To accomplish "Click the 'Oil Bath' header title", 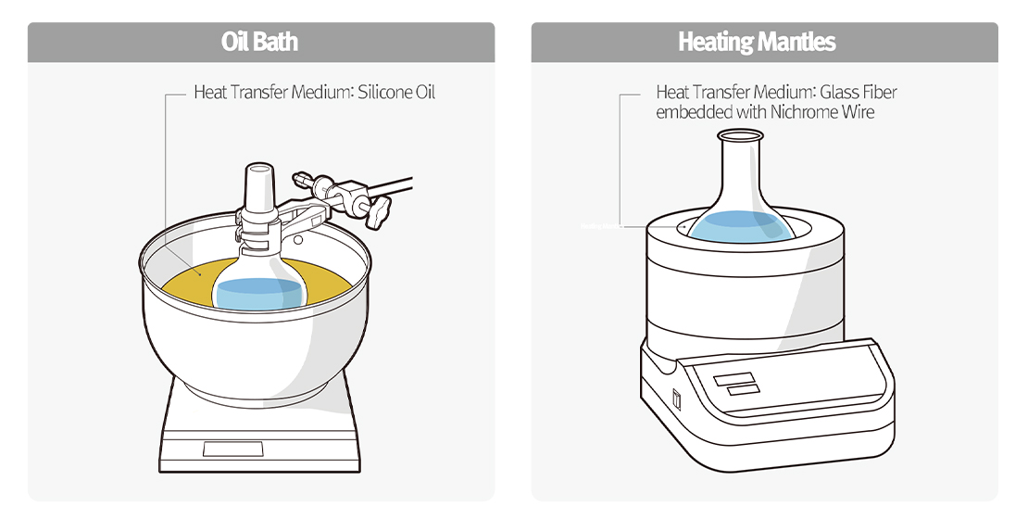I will [259, 43].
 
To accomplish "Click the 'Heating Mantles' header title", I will [757, 43].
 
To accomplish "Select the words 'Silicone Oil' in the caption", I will [395, 93].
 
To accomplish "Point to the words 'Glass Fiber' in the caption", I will [858, 93].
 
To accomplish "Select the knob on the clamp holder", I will [380, 214].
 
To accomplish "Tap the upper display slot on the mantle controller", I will [733, 378].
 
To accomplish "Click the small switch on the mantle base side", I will [676, 399].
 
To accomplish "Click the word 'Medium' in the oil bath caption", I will [320, 93].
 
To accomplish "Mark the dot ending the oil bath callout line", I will [197, 274].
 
